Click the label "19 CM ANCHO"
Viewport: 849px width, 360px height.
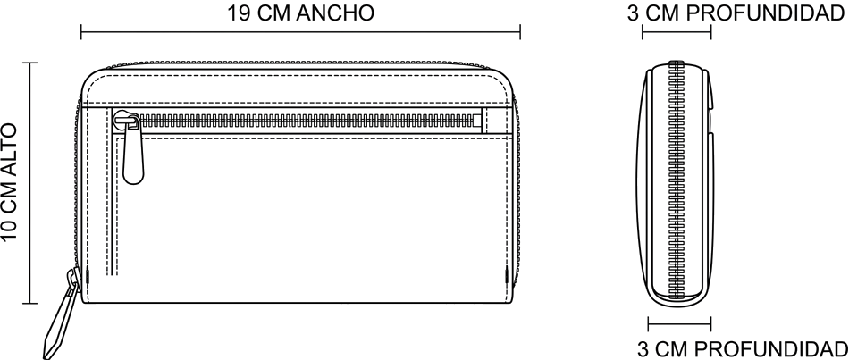pos(300,13)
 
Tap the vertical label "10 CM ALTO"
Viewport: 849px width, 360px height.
pos(10,183)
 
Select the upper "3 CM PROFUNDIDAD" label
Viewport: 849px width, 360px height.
pos(736,13)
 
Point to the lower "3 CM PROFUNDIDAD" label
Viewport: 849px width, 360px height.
pos(742,349)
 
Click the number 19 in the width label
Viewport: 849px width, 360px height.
pos(238,13)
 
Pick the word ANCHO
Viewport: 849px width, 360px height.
pos(335,13)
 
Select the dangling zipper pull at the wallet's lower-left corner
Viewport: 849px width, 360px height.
pos(61,314)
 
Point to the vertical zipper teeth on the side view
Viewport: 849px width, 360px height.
pos(677,180)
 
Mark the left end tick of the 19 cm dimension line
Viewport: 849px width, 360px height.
pos(81,32)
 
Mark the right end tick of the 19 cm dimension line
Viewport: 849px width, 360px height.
pos(520,32)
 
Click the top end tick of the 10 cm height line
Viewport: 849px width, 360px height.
pos(29,63)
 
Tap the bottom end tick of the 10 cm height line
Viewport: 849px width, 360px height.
pos(29,303)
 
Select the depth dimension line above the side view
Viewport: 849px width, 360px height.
pos(677,32)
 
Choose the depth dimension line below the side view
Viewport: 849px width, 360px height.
pos(679,324)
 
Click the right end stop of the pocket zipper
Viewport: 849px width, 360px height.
pos(477,121)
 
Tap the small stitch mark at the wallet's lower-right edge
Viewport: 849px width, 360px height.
pos(507,276)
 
